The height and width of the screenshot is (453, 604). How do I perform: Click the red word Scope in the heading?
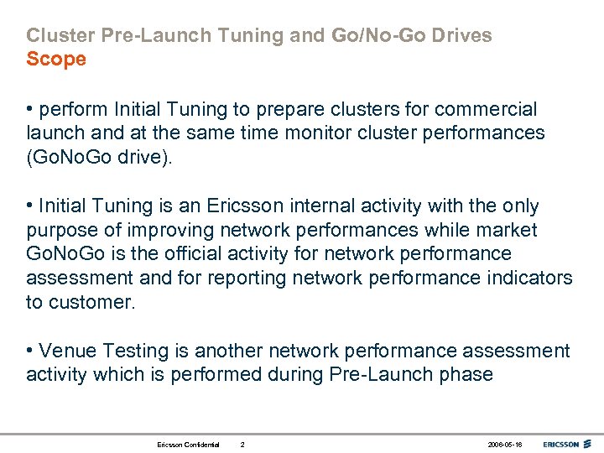[56, 60]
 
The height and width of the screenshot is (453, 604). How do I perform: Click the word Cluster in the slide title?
[57, 36]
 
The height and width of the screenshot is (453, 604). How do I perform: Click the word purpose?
[60, 230]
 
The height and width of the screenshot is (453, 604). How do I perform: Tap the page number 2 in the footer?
[242, 443]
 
